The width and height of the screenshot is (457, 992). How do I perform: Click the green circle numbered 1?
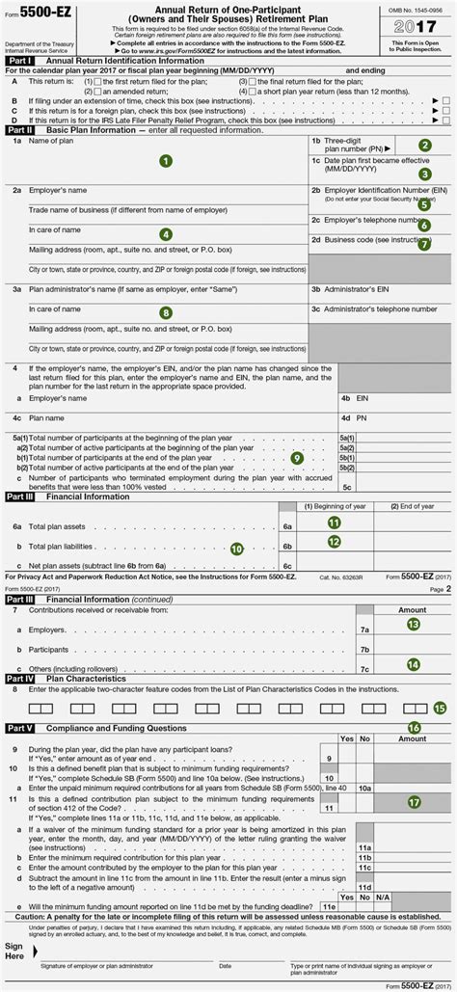[166, 161]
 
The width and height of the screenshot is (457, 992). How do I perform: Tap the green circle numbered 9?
[296, 458]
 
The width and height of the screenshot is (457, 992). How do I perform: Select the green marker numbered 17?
[414, 801]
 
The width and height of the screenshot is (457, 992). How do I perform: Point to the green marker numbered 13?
[413, 624]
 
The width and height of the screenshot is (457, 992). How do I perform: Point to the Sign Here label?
[15, 951]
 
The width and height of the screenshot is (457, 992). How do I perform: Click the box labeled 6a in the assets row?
[287, 527]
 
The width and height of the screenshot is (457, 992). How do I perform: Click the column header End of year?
[416, 506]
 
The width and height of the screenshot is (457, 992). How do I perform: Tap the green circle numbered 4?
[166, 234]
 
